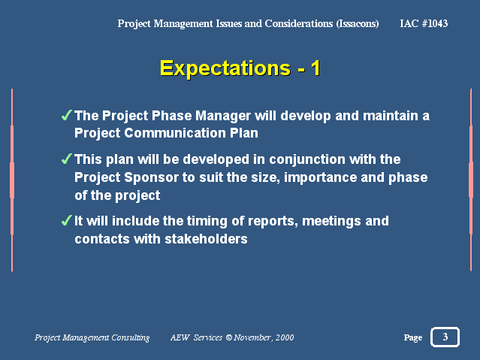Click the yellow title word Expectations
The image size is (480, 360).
pos(225,68)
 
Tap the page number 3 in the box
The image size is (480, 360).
pos(445,337)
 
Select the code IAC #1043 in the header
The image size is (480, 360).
pos(424,23)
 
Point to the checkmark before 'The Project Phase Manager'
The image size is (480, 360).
pos(66,115)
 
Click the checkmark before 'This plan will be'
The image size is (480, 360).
pos(66,159)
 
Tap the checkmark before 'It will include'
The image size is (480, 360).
pos(66,220)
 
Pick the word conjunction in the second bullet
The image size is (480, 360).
pos(307,160)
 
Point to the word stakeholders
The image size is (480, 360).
pos(206,239)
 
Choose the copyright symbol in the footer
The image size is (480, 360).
pos(228,337)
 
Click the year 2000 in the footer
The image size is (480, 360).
pos(285,337)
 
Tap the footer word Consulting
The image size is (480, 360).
pos(131,337)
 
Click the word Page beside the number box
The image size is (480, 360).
pos(413,337)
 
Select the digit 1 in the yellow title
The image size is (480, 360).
pos(315,68)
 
